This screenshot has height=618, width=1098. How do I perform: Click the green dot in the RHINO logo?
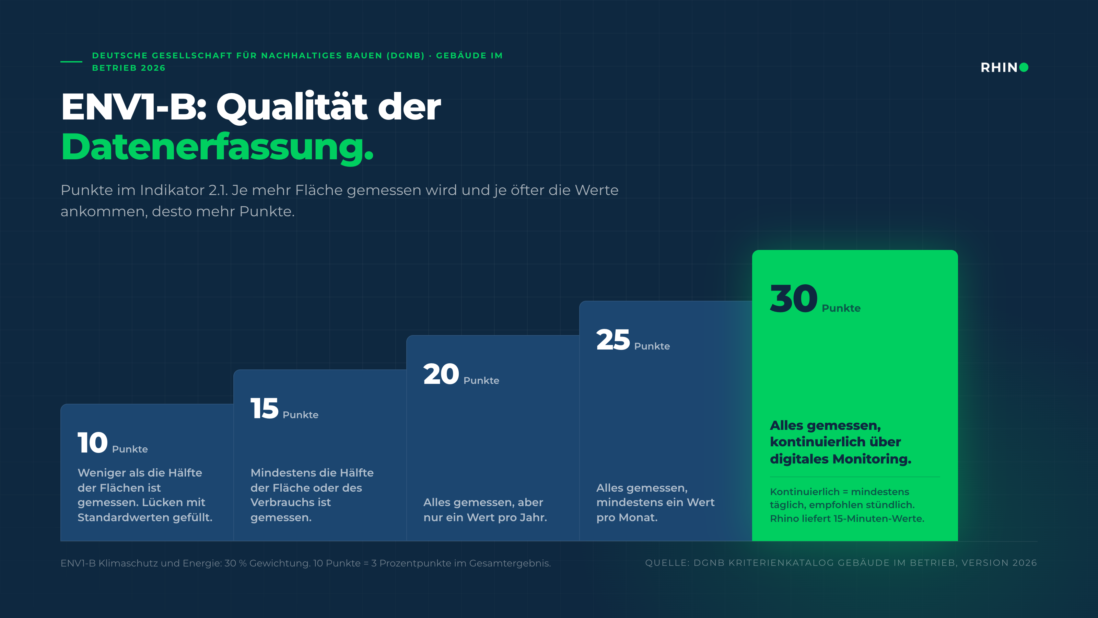coord(1024,67)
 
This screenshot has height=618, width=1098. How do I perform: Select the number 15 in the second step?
coord(264,408)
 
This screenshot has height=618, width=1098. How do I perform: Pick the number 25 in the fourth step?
coord(613,340)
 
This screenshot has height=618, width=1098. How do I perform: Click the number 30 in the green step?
coord(794,299)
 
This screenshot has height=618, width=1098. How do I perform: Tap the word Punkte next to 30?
coord(841,308)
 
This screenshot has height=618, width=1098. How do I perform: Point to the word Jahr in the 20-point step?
coord(533,517)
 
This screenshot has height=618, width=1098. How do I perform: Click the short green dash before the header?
coord(71,62)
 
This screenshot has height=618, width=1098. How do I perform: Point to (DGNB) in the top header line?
coord(405,55)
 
